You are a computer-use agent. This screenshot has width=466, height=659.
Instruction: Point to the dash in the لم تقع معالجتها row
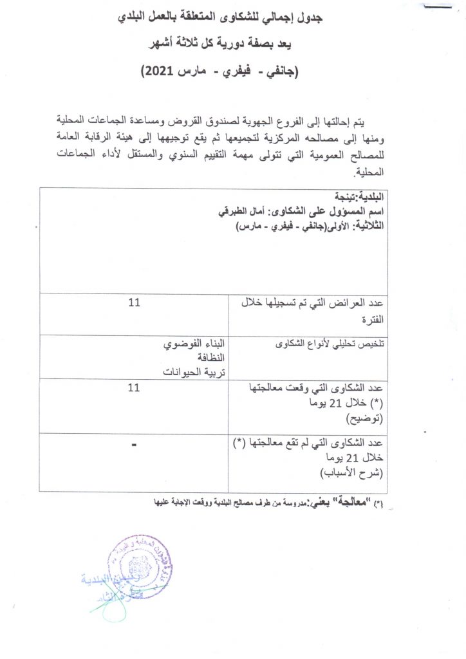pos(134,444)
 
